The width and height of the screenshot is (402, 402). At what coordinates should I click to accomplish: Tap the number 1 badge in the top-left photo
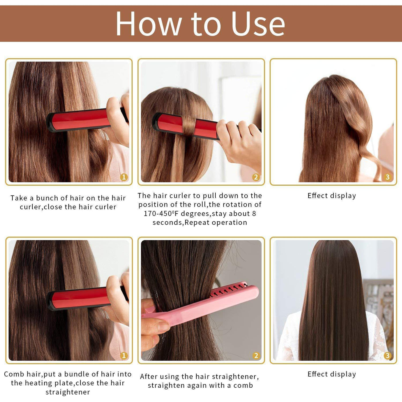124,177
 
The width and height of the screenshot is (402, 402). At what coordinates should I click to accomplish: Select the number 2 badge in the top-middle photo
256,177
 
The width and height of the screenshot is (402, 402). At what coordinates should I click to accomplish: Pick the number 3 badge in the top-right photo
388,177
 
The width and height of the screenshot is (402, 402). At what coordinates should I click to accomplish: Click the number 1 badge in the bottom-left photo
124,355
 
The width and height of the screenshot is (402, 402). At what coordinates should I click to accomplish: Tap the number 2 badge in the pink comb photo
256,355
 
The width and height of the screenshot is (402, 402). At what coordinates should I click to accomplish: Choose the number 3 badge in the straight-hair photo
388,355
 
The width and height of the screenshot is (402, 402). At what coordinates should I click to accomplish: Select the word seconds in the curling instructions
168,223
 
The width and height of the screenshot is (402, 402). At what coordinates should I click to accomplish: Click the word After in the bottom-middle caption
148,377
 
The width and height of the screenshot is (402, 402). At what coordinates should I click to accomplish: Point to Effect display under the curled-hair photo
332,196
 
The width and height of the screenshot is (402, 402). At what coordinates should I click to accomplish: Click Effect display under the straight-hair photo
332,374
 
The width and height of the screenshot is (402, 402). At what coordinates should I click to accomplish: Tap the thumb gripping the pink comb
155,326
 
